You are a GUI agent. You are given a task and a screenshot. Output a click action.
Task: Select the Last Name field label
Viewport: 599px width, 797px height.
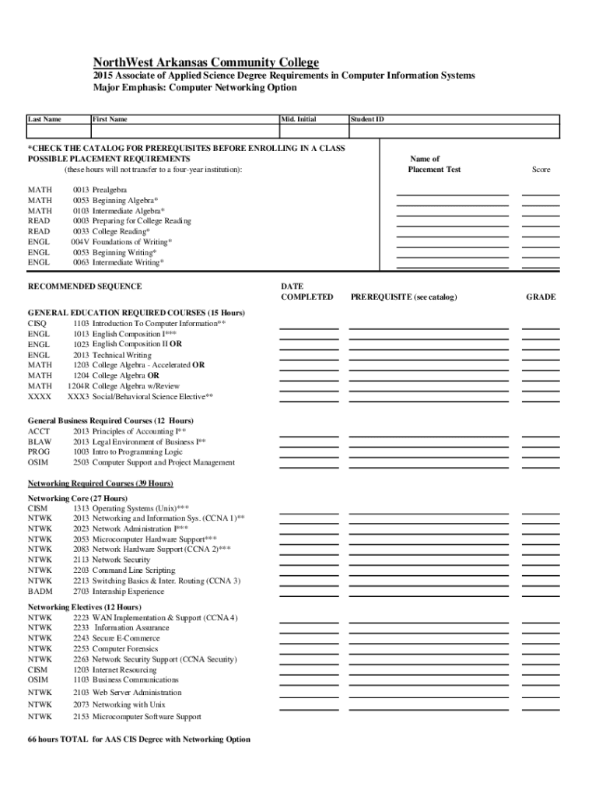44,119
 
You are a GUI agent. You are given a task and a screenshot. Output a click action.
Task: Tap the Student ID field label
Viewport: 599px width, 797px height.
367,119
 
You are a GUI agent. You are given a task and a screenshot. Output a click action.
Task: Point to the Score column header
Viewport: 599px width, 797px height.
541,169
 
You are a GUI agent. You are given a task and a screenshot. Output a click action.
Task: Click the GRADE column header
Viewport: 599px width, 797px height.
541,297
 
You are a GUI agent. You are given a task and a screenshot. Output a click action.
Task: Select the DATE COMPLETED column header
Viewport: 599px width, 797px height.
307,291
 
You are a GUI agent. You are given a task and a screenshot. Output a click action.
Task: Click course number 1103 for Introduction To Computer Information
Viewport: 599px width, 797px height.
81,323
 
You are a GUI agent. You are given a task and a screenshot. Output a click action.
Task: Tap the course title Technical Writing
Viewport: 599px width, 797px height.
122,355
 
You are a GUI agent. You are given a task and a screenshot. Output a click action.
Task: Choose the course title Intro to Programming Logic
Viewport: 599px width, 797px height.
138,451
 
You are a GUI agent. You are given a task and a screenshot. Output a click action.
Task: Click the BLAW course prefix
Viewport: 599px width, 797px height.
40,441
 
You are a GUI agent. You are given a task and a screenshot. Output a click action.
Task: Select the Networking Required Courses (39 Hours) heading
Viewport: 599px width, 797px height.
100,483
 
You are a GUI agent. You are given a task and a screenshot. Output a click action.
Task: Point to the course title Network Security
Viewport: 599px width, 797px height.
121,560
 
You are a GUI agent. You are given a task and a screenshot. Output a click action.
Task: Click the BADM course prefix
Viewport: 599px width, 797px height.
40,592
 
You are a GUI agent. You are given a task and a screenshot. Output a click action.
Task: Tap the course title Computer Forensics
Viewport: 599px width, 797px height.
126,648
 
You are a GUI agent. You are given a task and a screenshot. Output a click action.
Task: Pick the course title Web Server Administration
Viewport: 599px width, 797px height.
137,692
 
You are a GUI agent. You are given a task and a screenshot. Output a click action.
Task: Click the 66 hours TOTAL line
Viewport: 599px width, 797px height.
139,739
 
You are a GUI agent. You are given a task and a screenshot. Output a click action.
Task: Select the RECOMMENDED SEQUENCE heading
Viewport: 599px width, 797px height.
85,286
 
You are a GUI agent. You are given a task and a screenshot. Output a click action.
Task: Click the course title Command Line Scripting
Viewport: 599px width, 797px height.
134,571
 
